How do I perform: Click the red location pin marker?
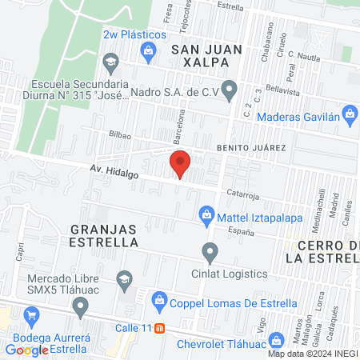click(x=181, y=164)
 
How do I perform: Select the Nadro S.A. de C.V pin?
click(x=230, y=90)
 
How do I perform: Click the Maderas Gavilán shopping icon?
click(x=349, y=113)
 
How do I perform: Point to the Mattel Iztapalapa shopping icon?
click(x=206, y=214)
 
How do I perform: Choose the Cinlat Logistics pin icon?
click(x=210, y=254)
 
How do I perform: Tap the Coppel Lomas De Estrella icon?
click(x=158, y=302)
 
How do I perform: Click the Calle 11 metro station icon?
click(x=159, y=328)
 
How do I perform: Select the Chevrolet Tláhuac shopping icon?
click(x=277, y=340)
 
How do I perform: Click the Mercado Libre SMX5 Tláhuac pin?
click(x=80, y=306)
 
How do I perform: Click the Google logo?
click(x=26, y=350)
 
